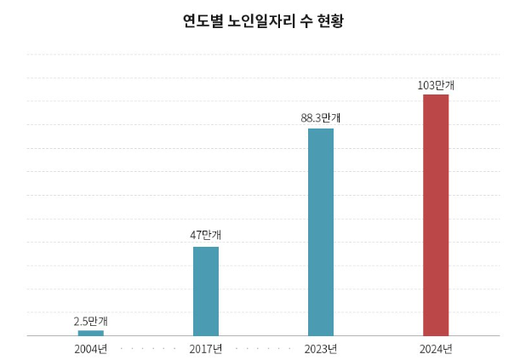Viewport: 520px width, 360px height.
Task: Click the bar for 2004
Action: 91,333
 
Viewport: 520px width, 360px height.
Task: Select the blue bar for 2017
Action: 206,291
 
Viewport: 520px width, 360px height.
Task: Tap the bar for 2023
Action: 321,231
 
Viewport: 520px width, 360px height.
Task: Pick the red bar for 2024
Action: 436,214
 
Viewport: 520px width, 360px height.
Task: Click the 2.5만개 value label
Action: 91,321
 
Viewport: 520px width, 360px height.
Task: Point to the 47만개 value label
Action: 206,235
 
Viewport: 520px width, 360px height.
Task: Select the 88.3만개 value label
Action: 321,117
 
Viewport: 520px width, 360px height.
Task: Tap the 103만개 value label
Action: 436,85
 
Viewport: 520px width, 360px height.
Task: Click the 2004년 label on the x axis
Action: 91,349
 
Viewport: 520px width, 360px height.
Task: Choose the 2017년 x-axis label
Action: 206,349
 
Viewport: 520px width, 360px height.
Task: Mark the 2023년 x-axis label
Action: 321,349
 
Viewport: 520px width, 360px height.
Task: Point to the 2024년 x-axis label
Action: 436,349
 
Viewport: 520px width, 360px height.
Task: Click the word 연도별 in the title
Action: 203,20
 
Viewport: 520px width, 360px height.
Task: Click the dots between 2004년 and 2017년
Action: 149,349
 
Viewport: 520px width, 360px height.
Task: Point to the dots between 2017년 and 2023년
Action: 264,349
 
